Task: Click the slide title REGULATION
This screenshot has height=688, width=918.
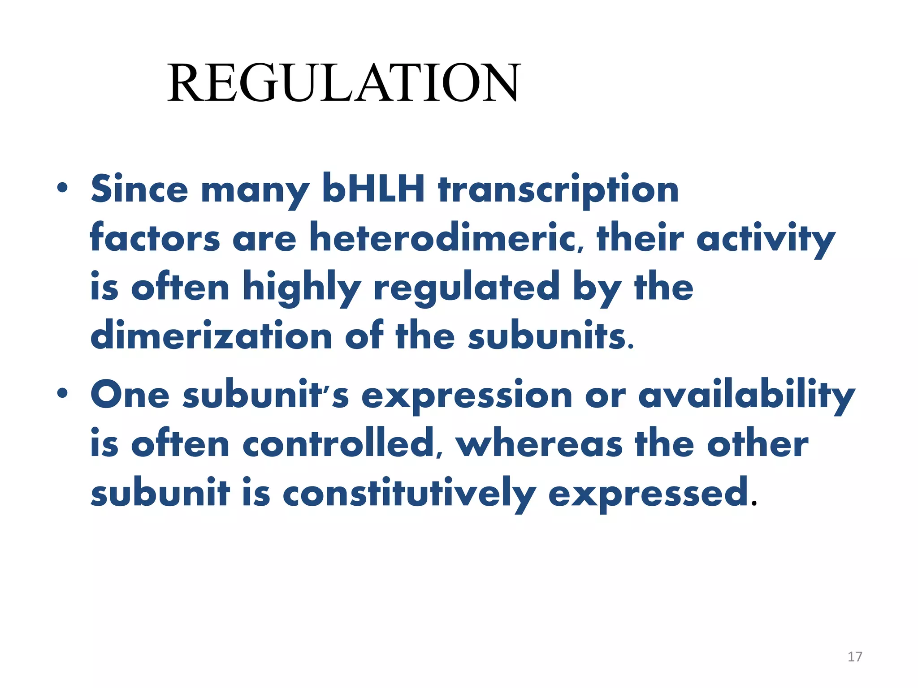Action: [x=343, y=83]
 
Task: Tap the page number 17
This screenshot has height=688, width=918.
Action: [x=855, y=657]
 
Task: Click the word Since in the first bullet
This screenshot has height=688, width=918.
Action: [x=139, y=189]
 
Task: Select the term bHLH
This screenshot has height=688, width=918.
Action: [x=373, y=188]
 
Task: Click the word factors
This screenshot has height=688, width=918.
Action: [x=155, y=238]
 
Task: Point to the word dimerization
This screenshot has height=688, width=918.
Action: [x=211, y=336]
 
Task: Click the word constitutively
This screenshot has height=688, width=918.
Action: [x=409, y=494]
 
